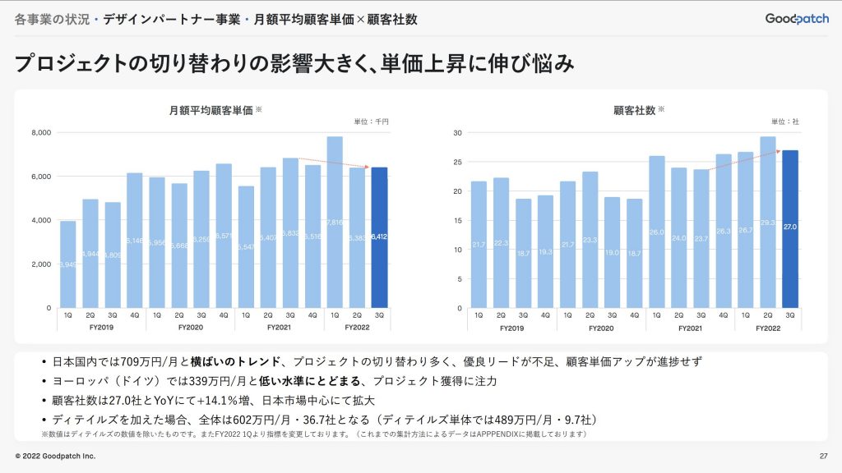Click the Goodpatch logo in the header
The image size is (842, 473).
796,18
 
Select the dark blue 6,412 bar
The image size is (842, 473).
379,237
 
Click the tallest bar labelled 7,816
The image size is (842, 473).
335,222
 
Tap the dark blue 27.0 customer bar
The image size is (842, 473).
790,229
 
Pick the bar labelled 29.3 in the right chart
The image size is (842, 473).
768,222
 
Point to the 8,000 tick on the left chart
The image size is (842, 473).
41,132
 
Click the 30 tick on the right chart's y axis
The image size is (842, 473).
458,132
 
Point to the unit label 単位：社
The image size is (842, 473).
784,122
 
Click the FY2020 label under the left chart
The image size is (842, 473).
190,328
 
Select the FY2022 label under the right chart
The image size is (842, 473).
767,328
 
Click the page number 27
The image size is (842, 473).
823,456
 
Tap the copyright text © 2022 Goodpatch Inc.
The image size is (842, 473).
55,456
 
